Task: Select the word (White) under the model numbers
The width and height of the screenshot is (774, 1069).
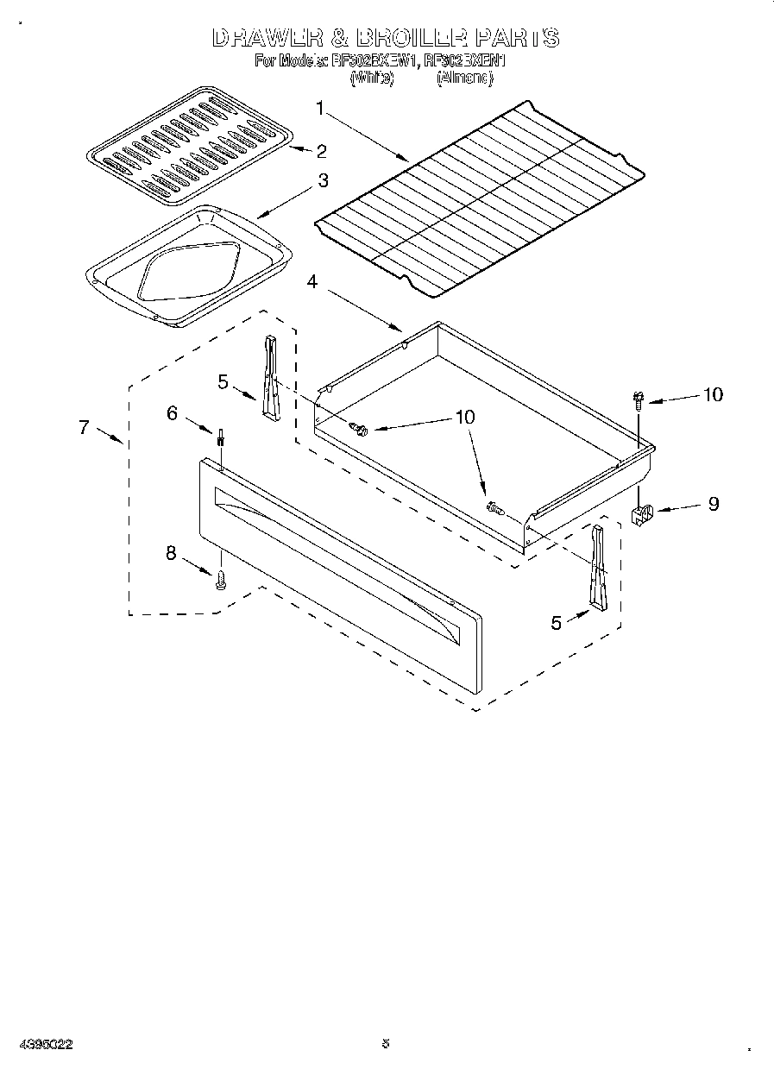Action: point(371,78)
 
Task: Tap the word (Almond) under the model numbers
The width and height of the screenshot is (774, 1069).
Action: point(464,78)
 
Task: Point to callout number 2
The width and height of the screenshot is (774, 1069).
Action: point(321,152)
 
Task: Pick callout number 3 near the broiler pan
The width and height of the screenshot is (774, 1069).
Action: point(321,181)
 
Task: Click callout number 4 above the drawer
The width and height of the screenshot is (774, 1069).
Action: point(312,281)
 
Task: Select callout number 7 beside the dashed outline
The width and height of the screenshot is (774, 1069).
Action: point(84,426)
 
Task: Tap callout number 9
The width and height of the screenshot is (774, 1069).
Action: point(713,504)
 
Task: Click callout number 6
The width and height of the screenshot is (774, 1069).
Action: point(172,413)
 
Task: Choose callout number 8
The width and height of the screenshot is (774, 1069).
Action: point(171,554)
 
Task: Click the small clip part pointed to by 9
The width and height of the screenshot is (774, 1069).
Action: point(643,517)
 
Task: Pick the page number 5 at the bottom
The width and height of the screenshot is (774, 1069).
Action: point(385,1044)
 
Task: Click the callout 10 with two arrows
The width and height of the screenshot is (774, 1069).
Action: point(464,417)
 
